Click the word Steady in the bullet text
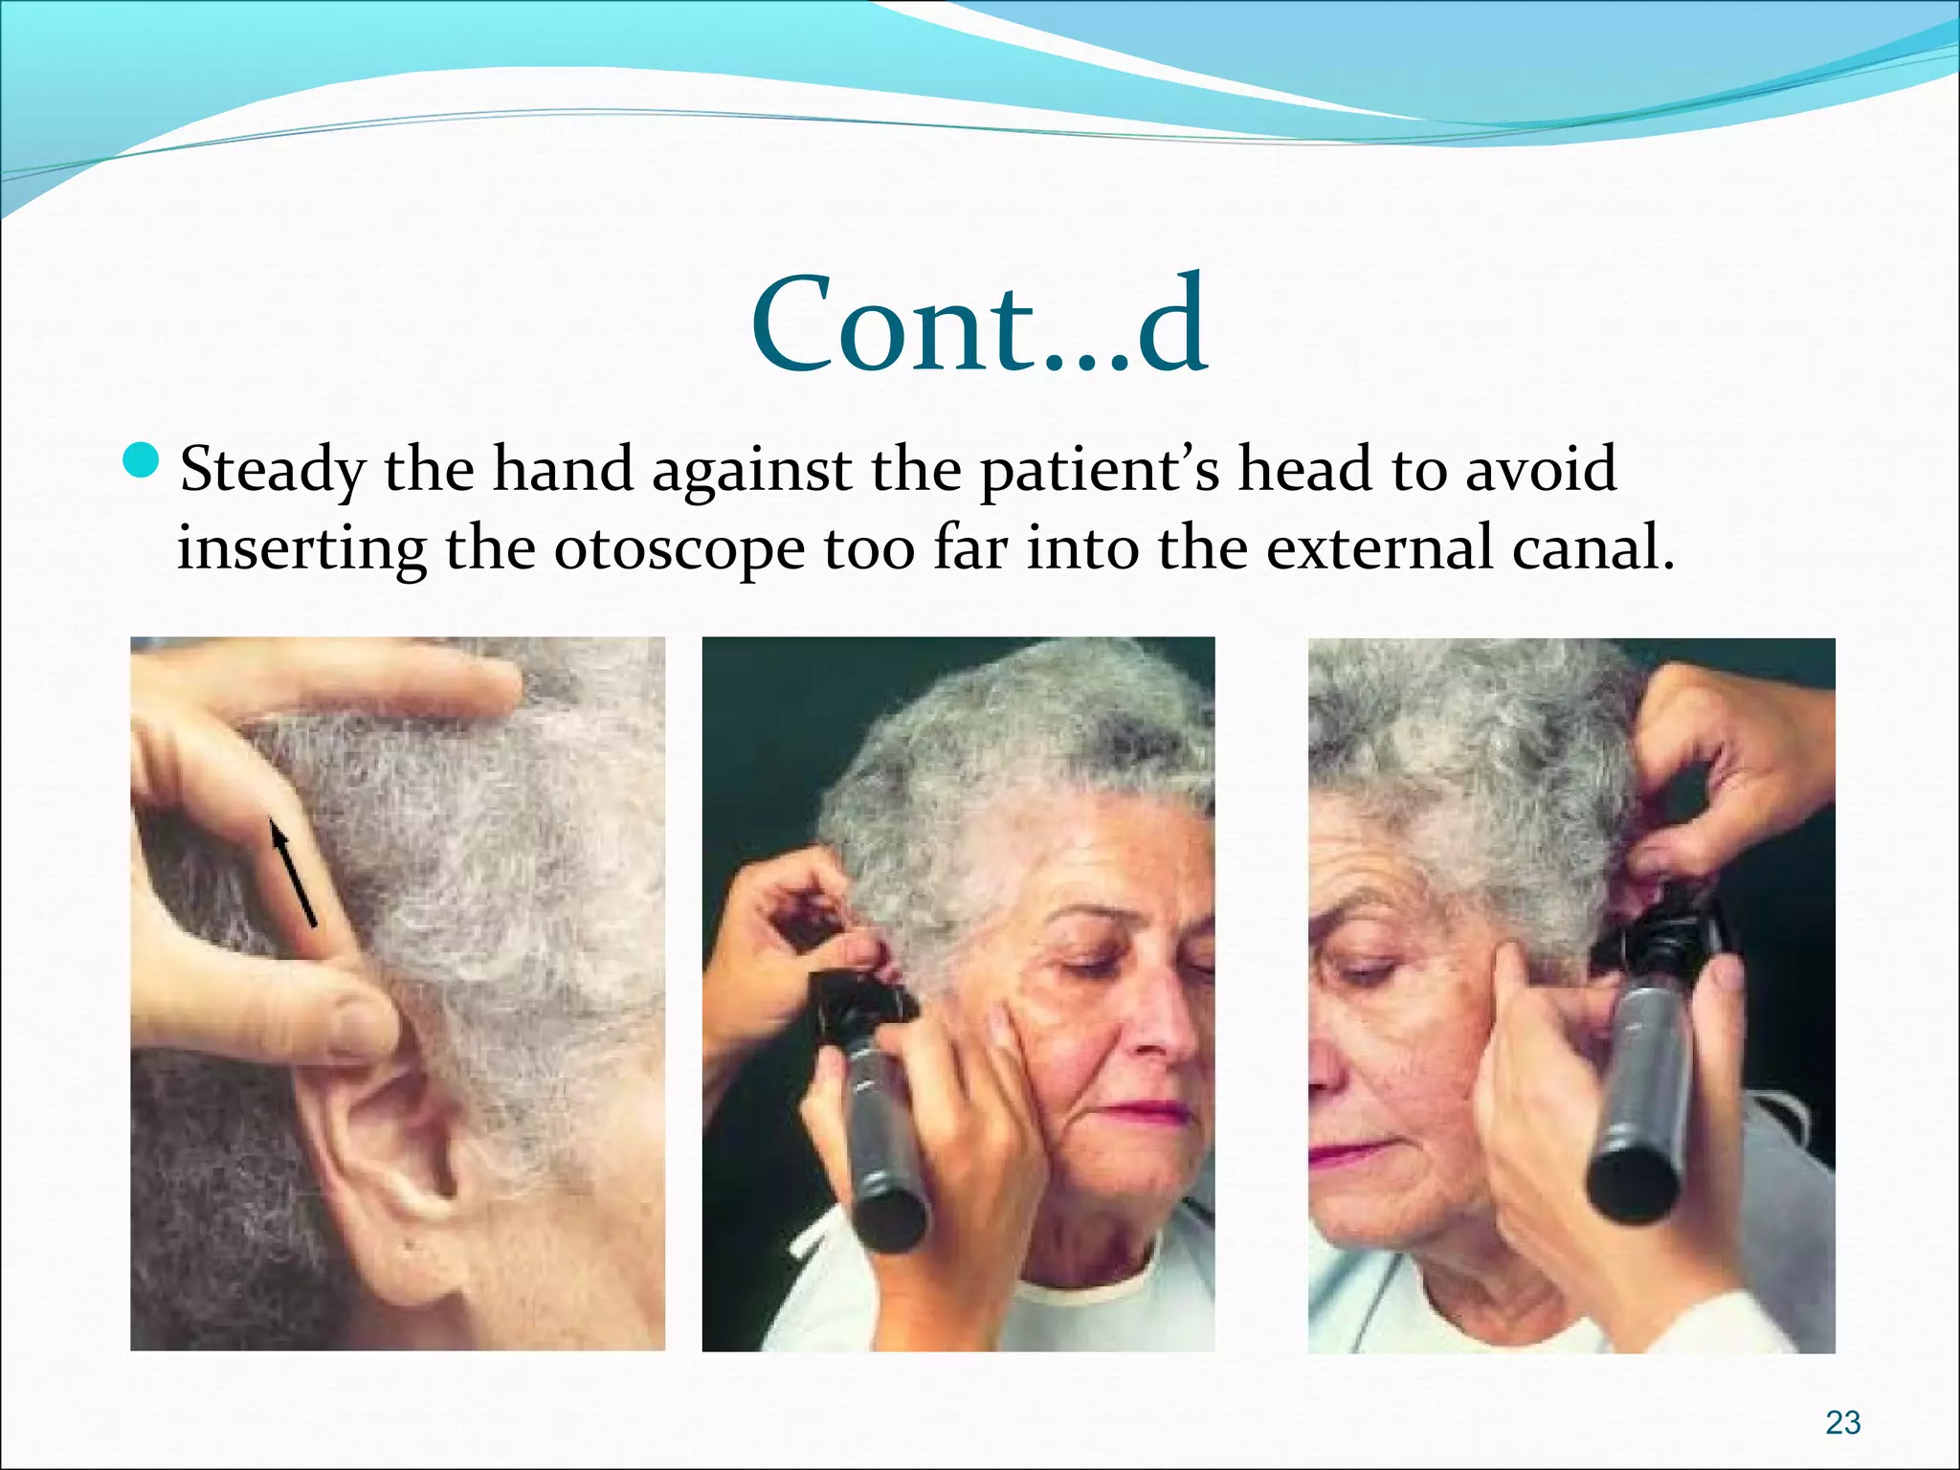point(273,471)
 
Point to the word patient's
point(1100,471)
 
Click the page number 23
point(1842,1422)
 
